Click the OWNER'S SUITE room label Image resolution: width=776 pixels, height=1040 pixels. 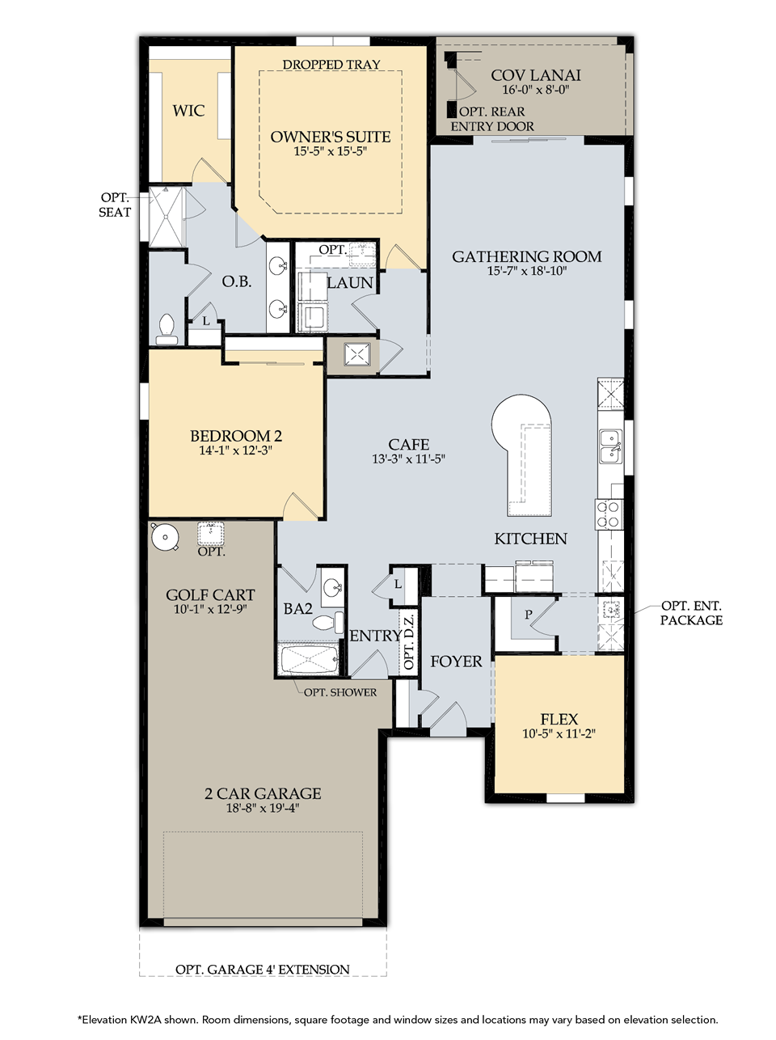(330, 137)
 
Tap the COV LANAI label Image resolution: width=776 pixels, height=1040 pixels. (535, 75)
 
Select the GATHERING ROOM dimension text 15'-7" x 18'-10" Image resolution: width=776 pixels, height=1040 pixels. (527, 271)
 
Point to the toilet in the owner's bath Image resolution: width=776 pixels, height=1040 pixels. (167, 329)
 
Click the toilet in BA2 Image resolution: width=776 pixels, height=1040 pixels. (327, 622)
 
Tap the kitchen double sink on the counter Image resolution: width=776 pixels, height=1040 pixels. (611, 446)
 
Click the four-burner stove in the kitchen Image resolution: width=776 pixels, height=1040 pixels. (609, 514)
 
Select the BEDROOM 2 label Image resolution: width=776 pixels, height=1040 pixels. (236, 435)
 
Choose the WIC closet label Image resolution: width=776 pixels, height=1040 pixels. (188, 111)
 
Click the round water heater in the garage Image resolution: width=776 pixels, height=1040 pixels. (165, 537)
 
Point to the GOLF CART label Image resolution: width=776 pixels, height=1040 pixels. (210, 594)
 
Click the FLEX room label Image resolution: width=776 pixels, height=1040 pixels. (559, 719)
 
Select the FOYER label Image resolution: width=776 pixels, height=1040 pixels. (456, 661)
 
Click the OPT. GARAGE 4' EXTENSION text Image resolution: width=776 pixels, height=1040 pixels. (262, 969)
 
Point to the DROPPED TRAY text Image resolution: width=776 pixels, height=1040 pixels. (331, 64)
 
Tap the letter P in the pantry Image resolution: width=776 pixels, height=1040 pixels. (529, 614)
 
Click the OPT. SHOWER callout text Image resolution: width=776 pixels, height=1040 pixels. (340, 692)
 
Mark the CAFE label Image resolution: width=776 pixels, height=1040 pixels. (408, 444)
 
